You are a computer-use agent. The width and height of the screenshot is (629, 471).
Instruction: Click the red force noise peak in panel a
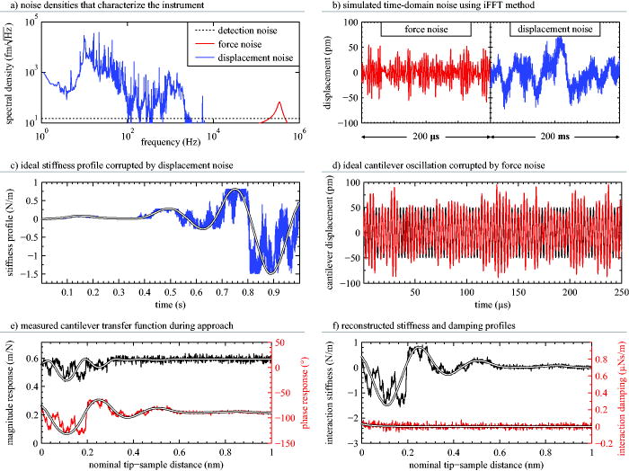pyautogui.click(x=279, y=104)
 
